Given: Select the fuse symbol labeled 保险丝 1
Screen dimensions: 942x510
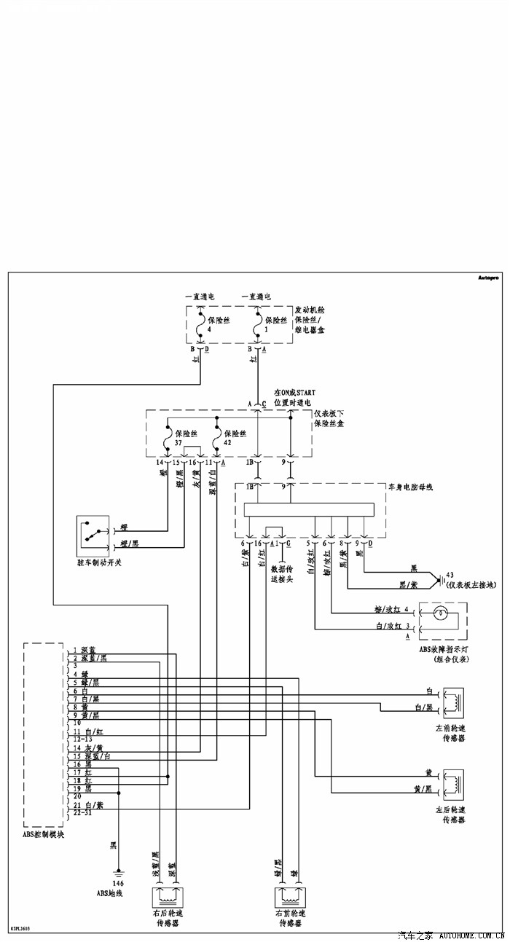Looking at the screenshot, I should pyautogui.click(x=256, y=325).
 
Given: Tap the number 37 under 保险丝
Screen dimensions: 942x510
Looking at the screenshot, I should pyautogui.click(x=178, y=442).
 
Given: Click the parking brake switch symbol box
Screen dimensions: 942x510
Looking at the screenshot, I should pyautogui.click(x=93, y=535).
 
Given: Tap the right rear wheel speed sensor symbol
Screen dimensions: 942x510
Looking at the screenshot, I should pyautogui.click(x=166, y=895).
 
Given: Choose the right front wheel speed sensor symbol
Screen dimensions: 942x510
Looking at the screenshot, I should pyautogui.click(x=290, y=895).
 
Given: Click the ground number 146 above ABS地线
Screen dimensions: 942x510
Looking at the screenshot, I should pyautogui.click(x=118, y=883).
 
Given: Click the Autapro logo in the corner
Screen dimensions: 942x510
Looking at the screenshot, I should pyautogui.click(x=488, y=278).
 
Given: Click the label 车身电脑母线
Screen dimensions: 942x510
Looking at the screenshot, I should pyautogui.click(x=410, y=486).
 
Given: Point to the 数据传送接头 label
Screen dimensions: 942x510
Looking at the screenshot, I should pyautogui.click(x=280, y=573).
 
